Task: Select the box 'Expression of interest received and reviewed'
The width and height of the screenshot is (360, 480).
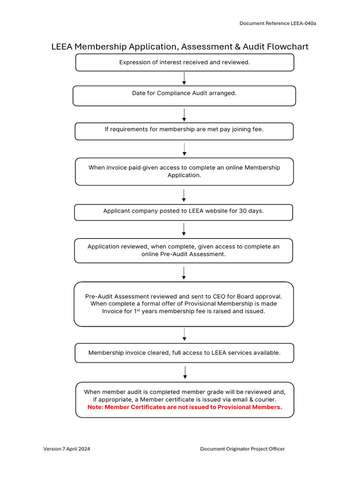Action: point(184,62)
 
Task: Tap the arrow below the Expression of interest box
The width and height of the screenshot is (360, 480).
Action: point(184,78)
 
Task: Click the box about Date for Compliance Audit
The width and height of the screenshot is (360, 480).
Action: point(184,96)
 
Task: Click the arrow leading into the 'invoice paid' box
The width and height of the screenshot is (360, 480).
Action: point(184,150)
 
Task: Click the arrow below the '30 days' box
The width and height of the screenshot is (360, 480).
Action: point(184,229)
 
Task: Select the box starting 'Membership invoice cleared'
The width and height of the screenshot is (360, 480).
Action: point(184,353)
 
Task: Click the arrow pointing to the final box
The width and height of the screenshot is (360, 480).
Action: point(185,372)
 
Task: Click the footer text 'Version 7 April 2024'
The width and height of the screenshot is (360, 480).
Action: point(67,449)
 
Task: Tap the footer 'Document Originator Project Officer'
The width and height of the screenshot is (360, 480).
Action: point(242,449)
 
